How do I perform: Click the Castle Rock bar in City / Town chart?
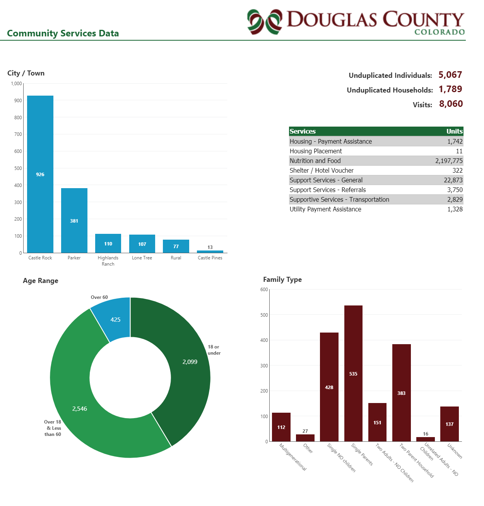point(40,174)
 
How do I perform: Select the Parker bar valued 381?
point(74,220)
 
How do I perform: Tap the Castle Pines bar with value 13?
point(210,252)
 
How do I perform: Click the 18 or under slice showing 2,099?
point(186,364)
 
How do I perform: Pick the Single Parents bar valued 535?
point(353,373)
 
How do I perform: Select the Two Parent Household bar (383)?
point(401,393)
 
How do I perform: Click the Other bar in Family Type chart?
point(305,438)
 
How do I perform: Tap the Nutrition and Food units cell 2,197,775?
point(449,161)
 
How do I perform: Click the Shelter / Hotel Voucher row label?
point(322,170)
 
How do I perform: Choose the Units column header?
point(454,131)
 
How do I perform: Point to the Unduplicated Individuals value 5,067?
point(450,75)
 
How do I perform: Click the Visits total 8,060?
point(451,104)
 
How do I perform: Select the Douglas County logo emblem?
point(265,22)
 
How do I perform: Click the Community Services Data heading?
point(63,33)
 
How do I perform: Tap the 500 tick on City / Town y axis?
point(18,168)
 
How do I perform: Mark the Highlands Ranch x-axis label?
point(108,261)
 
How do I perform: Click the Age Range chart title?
point(41,281)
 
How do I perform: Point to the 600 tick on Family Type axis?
point(264,290)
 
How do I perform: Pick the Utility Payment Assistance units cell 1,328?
point(455,209)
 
